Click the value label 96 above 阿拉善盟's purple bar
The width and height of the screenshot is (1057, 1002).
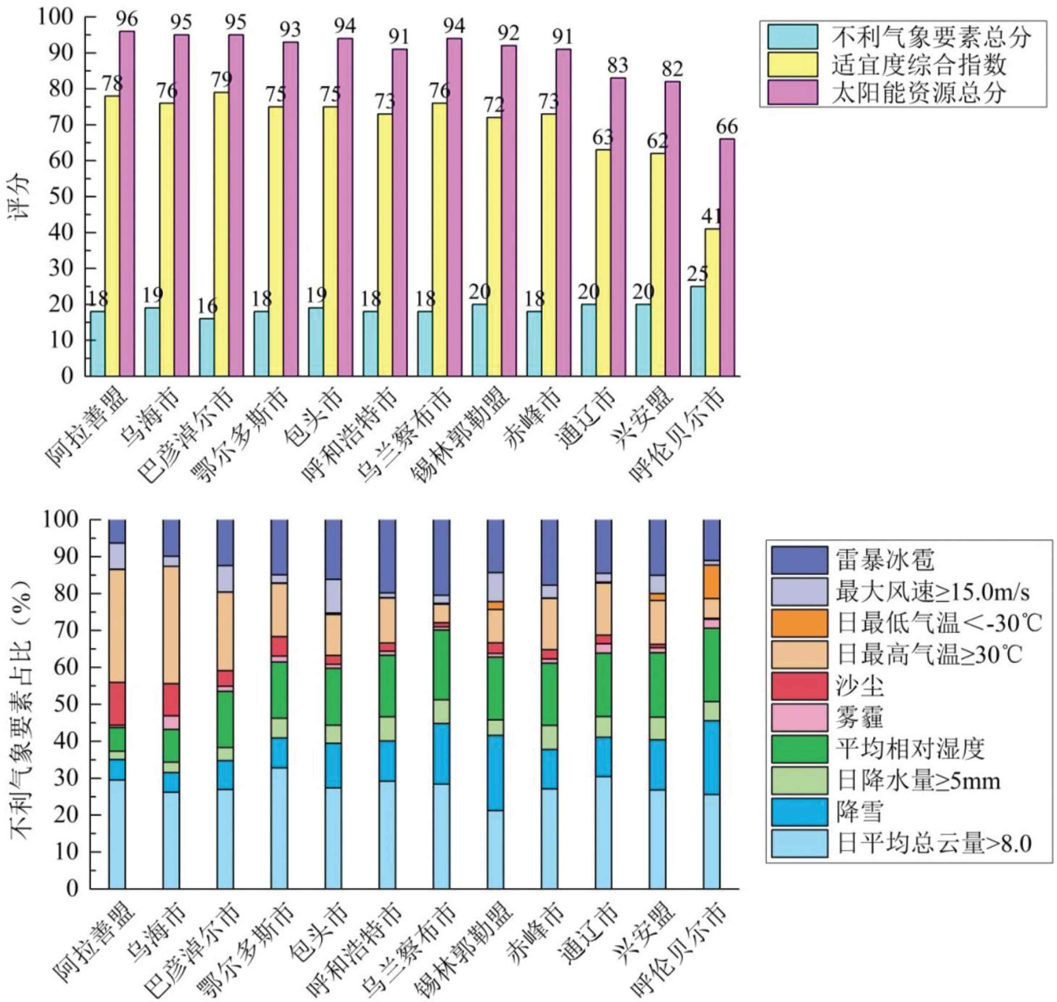tap(127, 19)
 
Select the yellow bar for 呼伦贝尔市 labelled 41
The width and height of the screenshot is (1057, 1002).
tap(712, 302)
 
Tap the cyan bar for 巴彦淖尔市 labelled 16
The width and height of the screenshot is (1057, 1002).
tap(206, 347)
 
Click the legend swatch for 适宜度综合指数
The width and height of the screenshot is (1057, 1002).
tap(792, 64)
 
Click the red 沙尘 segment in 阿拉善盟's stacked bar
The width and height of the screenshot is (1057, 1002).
tap(117, 703)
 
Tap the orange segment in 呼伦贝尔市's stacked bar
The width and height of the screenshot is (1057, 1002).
tap(711, 581)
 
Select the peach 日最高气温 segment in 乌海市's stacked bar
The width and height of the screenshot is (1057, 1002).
tap(171, 625)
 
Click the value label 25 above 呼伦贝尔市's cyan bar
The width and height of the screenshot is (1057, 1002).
tap(697, 274)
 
